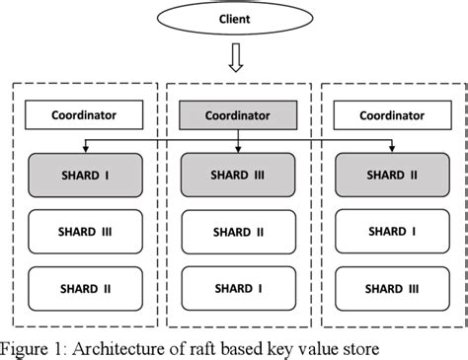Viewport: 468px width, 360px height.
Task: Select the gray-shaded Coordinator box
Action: coord(237,115)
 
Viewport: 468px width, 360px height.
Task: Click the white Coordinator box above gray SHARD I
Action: coord(84,115)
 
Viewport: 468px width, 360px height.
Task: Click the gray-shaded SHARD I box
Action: coord(84,175)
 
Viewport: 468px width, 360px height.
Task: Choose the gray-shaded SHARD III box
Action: coord(237,175)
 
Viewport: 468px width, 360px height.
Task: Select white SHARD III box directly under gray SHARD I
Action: coord(84,232)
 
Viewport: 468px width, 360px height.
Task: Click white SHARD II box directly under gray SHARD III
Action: coord(237,232)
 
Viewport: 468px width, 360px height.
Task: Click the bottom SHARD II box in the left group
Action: coord(84,288)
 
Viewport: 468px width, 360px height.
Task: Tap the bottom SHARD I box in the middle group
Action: coord(237,288)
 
